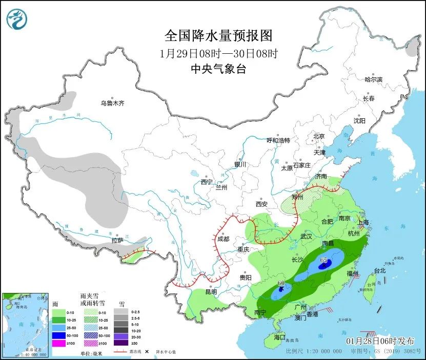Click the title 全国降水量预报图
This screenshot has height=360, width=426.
click(218, 36)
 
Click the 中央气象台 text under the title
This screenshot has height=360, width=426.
click(218, 69)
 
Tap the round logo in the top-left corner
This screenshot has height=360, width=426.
click(17, 20)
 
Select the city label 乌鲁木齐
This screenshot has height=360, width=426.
click(112, 103)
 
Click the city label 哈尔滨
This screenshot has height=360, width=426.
click(373, 79)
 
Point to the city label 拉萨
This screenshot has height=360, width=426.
click(117, 240)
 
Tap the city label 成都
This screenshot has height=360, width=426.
click(223, 238)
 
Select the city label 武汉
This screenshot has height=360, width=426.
click(306, 236)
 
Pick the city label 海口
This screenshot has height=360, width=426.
click(279, 337)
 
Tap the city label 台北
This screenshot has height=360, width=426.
click(379, 270)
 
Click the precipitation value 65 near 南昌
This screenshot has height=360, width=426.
click(323, 260)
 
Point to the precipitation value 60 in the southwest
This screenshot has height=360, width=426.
click(281, 283)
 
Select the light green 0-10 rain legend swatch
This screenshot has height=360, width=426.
click(59, 312)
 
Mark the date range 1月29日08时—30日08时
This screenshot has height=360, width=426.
click(218, 53)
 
